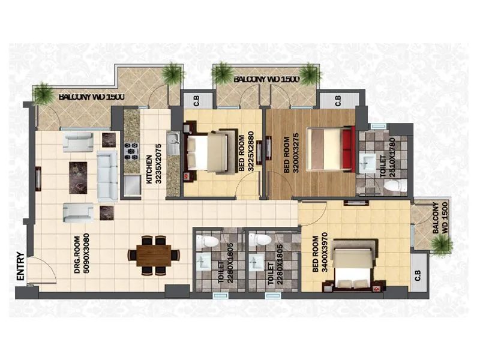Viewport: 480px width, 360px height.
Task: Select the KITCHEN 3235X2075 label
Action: (151, 170)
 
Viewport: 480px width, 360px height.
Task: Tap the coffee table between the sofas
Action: (78, 178)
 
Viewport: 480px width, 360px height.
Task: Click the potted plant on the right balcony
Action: (441, 244)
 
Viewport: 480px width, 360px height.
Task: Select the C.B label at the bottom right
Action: (417, 277)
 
